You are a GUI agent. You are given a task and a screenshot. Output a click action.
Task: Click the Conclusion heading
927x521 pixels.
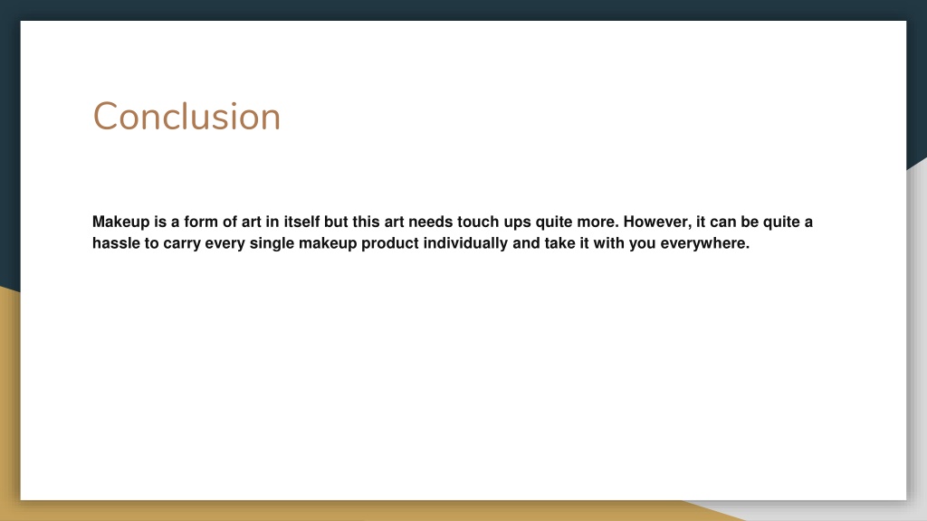tap(186, 117)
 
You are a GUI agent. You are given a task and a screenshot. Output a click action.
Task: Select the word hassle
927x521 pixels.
tap(116, 242)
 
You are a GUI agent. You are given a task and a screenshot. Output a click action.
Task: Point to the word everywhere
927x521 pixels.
tap(704, 243)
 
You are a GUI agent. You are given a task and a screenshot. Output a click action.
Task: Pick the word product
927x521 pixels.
tap(389, 243)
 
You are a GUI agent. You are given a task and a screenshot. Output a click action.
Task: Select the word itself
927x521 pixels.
tap(301, 222)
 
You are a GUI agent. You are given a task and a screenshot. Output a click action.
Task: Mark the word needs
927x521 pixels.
tap(430, 222)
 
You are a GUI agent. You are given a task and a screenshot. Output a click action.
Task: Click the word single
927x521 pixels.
tap(272, 243)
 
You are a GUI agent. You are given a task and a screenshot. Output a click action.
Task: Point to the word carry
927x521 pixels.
tap(181, 244)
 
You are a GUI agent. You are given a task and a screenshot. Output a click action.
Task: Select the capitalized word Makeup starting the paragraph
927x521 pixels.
tap(121, 223)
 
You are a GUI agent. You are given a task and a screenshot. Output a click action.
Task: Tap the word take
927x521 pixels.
tap(559, 242)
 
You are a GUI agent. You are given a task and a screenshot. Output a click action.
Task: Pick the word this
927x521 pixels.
tap(366, 222)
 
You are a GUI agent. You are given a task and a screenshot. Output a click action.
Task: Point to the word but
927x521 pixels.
tap(336, 222)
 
